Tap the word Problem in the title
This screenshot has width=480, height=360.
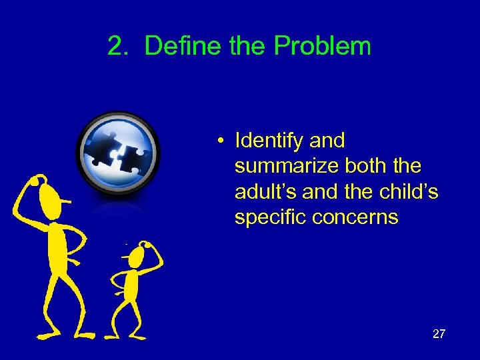click(322, 46)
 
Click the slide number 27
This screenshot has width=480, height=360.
click(438, 334)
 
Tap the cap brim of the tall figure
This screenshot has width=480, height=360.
click(65, 200)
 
